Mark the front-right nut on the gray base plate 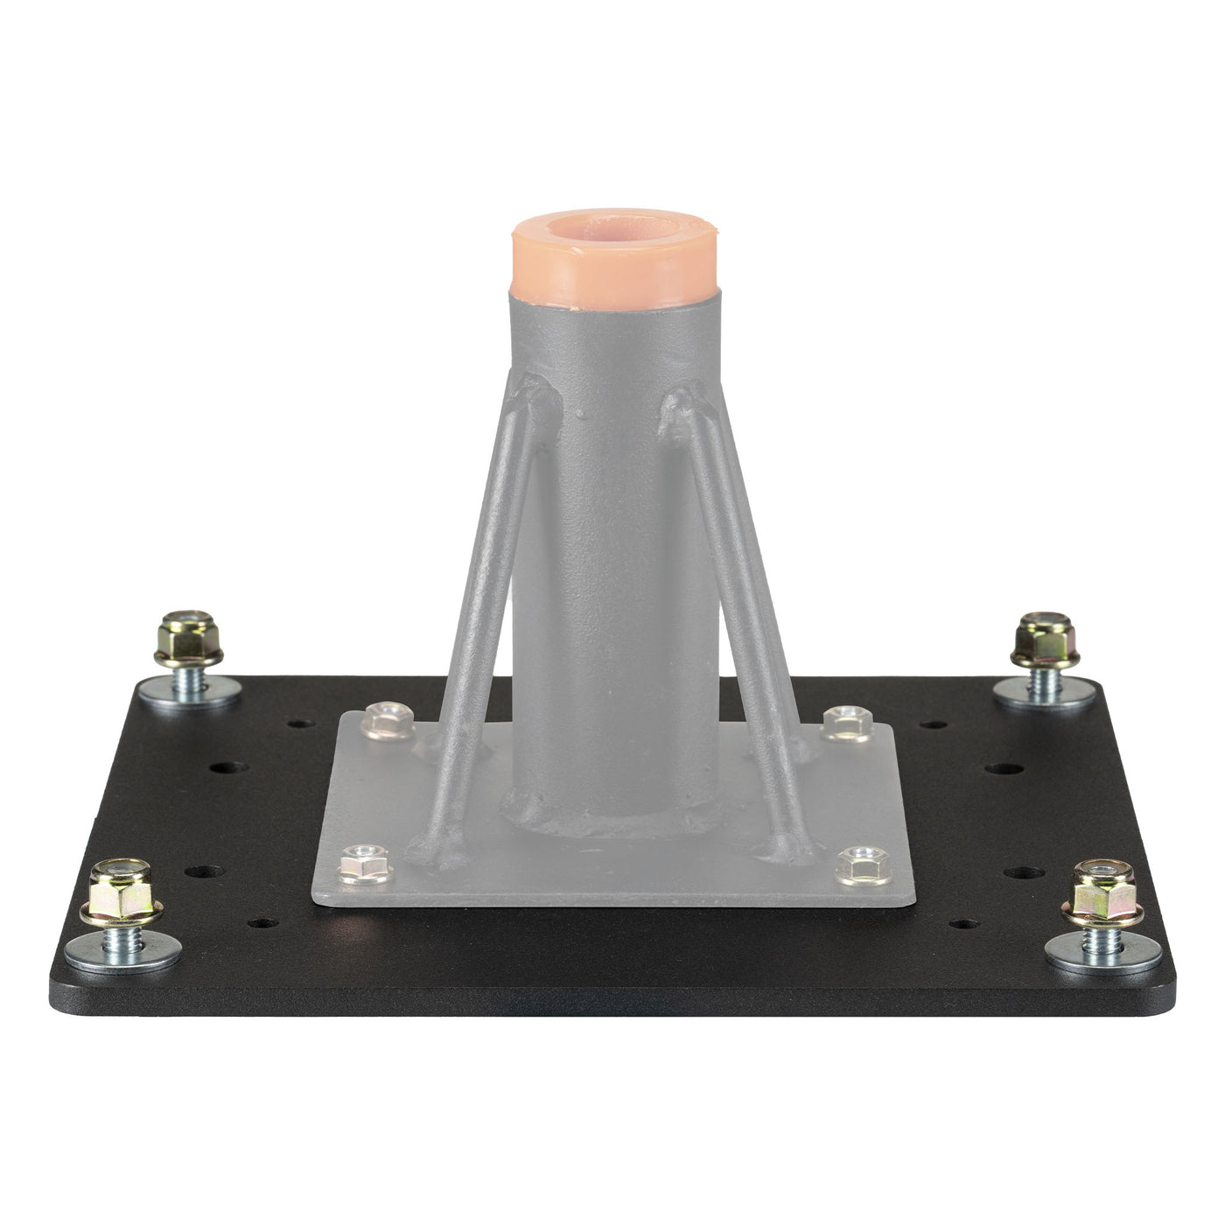click(858, 865)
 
